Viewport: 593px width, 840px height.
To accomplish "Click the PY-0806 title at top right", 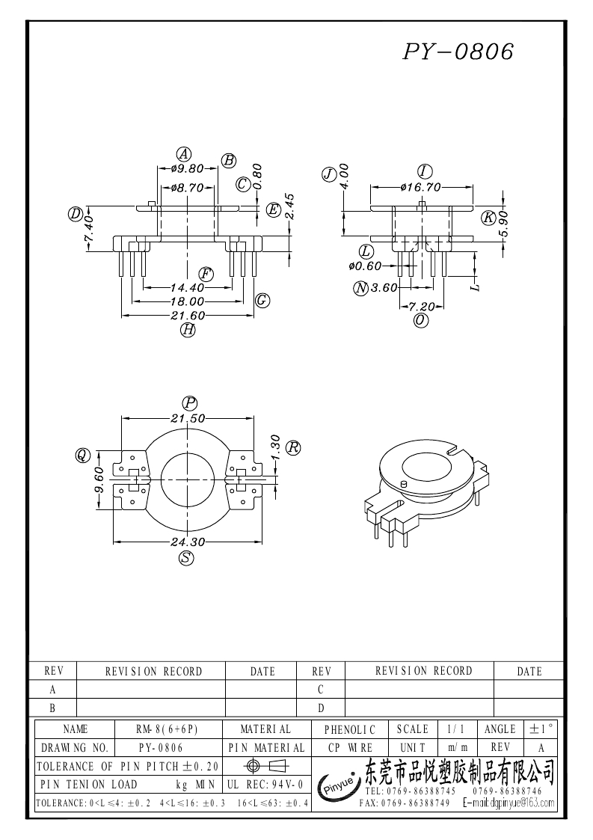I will [x=459, y=51].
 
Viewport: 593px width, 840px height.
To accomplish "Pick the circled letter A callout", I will [x=182, y=154].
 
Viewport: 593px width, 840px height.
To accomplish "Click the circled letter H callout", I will [x=188, y=329].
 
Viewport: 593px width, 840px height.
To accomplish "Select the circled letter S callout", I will [x=186, y=557].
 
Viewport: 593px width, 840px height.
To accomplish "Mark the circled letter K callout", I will [x=488, y=218].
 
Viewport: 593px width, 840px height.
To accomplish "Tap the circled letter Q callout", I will [x=82, y=455].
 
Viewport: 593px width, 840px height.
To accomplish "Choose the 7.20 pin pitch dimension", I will [x=423, y=306].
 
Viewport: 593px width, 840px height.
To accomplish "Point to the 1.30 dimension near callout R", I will [x=274, y=448].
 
